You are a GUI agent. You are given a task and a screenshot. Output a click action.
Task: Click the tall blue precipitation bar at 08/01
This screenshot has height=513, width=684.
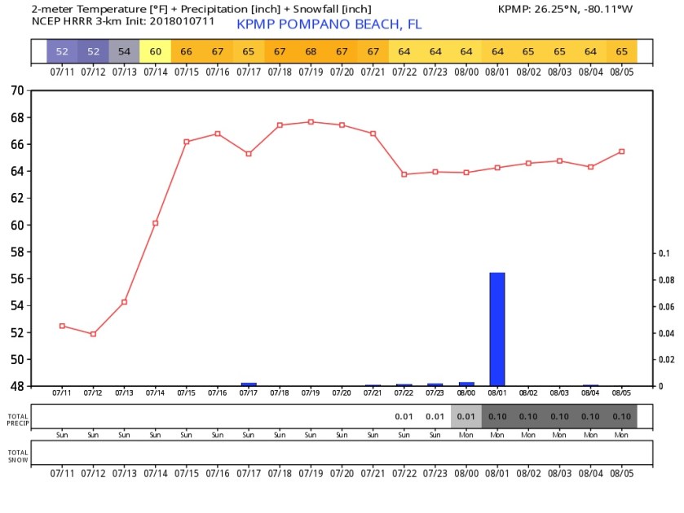click(497, 329)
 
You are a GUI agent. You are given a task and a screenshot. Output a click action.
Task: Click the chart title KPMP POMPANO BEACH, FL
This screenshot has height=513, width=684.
click(329, 24)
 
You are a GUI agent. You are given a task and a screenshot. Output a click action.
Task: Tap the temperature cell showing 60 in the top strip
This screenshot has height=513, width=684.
click(156, 51)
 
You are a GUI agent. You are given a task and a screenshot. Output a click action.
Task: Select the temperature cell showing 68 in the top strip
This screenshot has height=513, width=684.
click(311, 51)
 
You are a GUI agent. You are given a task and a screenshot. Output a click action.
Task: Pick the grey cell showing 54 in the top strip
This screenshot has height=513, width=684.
click(124, 51)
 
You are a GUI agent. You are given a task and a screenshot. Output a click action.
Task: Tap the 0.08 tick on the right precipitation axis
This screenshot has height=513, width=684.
click(666, 280)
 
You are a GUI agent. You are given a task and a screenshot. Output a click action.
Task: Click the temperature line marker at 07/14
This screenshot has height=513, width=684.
click(156, 222)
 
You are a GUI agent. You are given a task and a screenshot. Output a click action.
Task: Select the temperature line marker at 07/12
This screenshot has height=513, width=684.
click(93, 334)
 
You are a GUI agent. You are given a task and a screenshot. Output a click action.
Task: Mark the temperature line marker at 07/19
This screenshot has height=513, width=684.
click(311, 122)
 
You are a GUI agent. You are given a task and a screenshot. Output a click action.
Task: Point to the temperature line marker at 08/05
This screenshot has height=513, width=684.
click(621, 151)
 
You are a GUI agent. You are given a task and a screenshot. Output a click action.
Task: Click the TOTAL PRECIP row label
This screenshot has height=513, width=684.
click(18, 419)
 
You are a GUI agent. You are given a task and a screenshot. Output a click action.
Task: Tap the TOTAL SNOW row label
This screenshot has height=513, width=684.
click(18, 455)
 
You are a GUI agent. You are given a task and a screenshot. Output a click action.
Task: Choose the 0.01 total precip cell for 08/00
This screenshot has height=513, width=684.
click(466, 417)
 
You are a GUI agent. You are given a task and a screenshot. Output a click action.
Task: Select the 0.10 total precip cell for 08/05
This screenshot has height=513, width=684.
click(621, 417)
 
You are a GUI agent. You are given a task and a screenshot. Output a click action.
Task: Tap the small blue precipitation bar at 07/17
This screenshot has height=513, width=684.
click(249, 384)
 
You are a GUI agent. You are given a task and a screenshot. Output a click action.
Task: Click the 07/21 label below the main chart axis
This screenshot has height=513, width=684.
click(373, 393)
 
